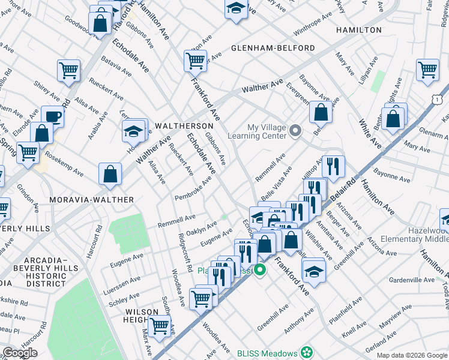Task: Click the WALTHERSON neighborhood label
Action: [x=184, y=126]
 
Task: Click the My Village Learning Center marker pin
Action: [x=295, y=130]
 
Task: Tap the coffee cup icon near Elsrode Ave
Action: [x=53, y=116]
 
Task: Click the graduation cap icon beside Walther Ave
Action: [x=134, y=130]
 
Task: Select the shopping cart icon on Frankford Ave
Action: [x=195, y=59]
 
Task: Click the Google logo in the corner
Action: [x=20, y=353]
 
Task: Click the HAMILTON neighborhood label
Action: [x=359, y=30]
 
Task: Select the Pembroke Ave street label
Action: [x=193, y=189]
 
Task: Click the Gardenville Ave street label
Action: [x=412, y=280]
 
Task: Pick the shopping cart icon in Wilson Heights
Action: [x=159, y=326]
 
